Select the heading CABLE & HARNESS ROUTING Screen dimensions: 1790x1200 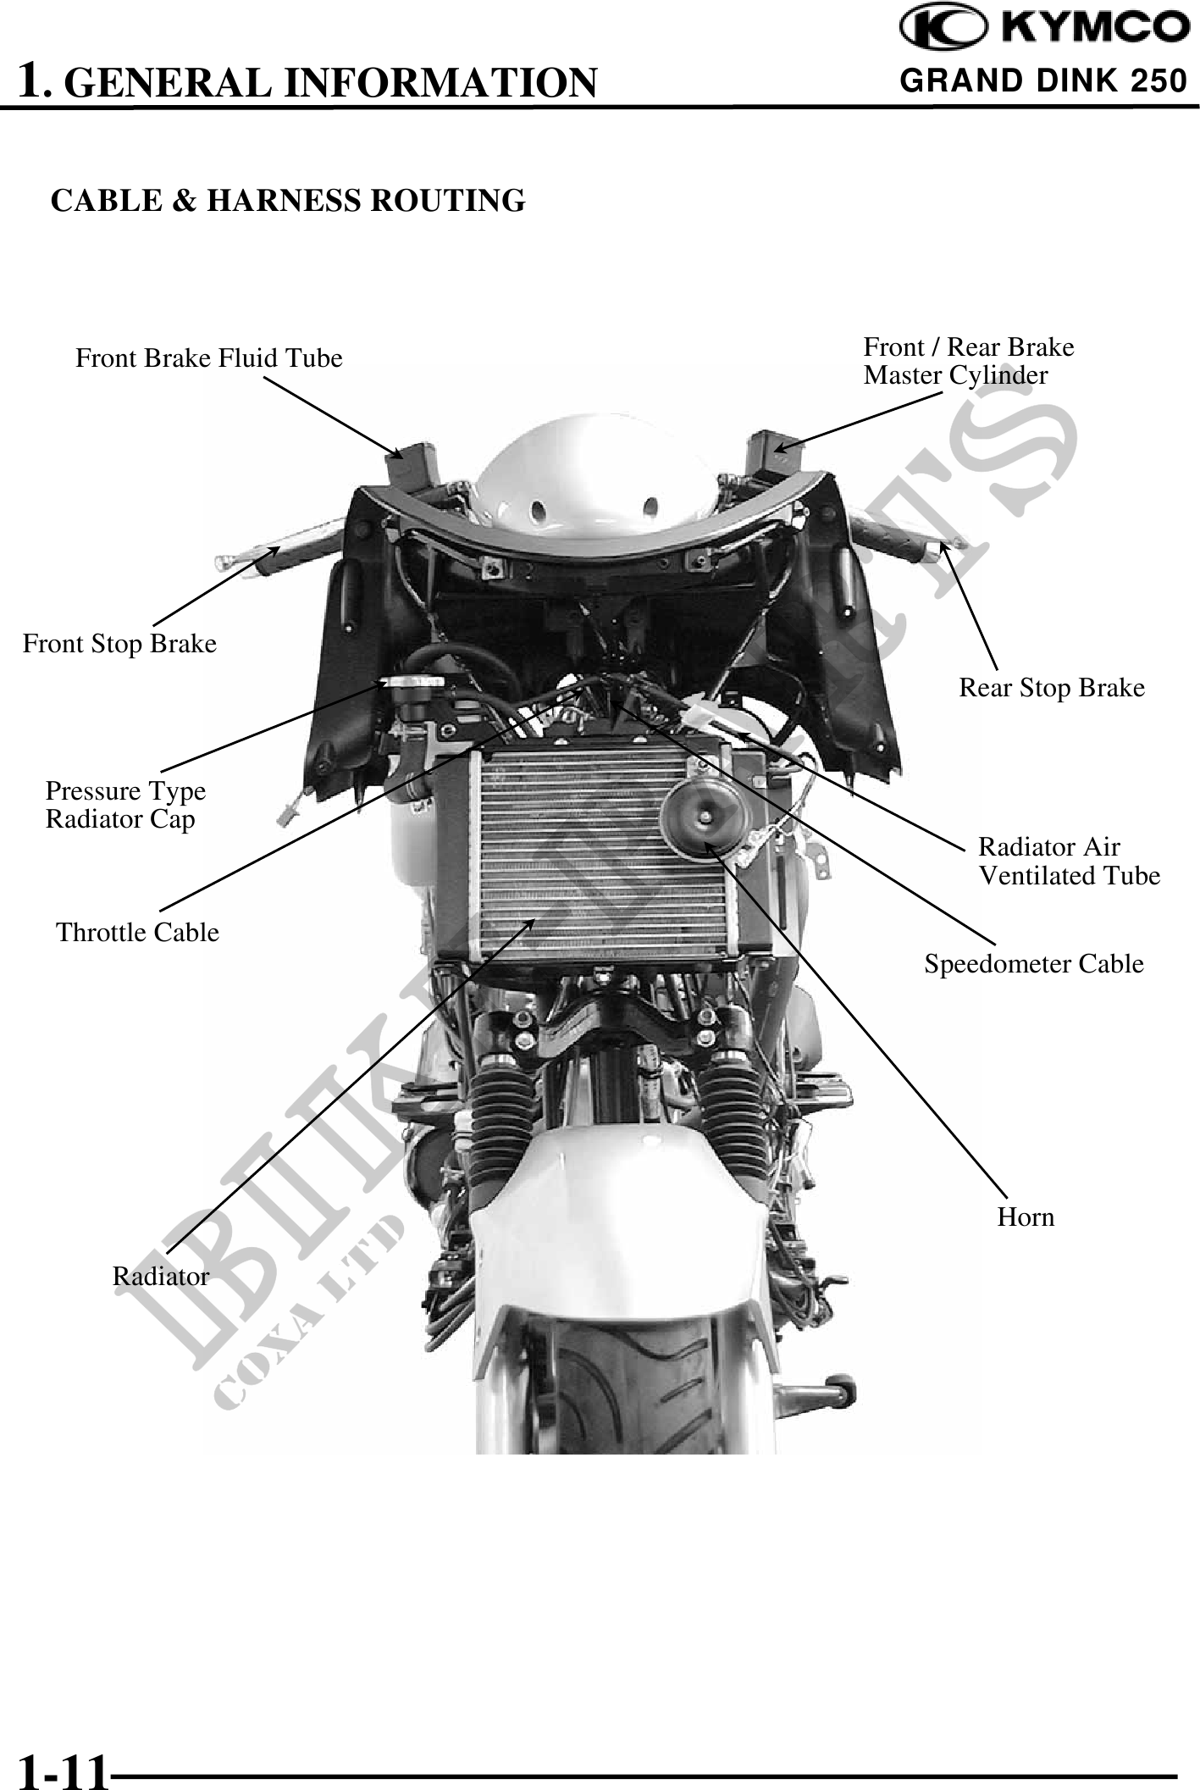click(288, 201)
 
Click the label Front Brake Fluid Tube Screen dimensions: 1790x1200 click(209, 358)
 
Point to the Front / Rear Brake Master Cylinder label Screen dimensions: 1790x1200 click(968, 361)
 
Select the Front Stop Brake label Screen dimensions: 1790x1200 click(119, 644)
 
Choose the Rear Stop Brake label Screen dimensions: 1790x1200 click(1051, 688)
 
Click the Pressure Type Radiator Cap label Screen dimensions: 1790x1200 click(125, 805)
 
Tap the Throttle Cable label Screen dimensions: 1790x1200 click(137, 933)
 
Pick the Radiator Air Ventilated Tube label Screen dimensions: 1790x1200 click(1069, 861)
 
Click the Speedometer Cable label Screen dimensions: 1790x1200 click(1033, 964)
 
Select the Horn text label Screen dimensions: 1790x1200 click(1026, 1217)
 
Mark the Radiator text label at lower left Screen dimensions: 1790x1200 click(161, 1277)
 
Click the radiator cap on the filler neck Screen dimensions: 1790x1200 click(412, 684)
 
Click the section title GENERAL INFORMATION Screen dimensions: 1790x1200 click(330, 82)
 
